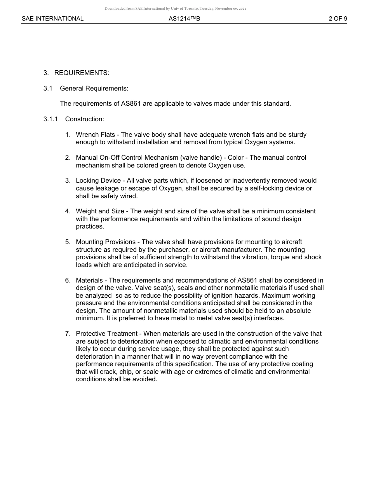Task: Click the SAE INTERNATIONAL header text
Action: coord(52,18)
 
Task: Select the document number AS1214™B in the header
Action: coord(184,18)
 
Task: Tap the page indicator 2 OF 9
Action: coord(338,18)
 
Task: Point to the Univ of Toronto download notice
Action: coord(175,8)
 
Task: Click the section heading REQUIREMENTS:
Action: coord(82,73)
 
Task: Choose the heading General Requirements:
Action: coord(94,88)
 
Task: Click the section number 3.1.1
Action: coord(50,119)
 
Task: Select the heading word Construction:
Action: coord(85,119)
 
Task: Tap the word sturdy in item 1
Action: coord(297,134)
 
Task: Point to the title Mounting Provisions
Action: coord(106,242)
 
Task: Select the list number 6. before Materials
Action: coord(68,280)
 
